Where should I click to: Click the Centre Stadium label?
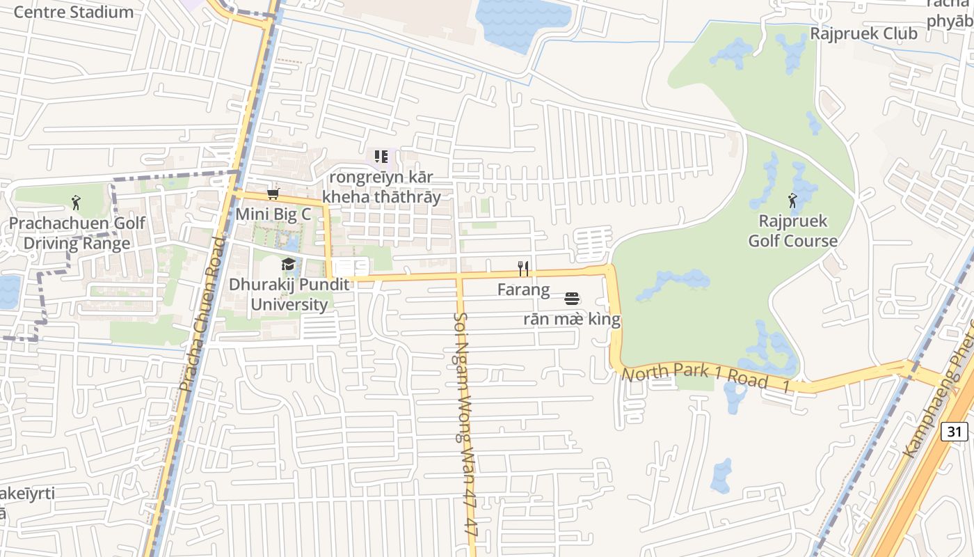pos(73,12)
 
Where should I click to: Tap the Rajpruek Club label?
pos(863,33)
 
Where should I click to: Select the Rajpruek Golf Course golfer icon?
pos(792,201)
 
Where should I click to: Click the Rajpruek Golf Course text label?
pos(792,231)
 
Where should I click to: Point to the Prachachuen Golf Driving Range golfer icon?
pos(76,203)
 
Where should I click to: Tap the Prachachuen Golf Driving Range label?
pos(77,233)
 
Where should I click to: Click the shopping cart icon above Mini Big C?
pos(273,194)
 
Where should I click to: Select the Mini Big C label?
pos(273,214)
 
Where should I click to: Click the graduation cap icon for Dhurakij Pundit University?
pos(288,264)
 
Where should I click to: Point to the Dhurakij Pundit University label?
pos(289,295)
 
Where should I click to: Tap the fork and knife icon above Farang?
pos(524,268)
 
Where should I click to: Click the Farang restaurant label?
pos(523,289)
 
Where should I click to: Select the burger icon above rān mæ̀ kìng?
pos(572,299)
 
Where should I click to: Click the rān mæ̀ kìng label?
pos(572,320)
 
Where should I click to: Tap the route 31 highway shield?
pos(954,432)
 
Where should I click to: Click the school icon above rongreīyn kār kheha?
pos(381,157)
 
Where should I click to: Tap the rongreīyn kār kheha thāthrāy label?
pos(381,187)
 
